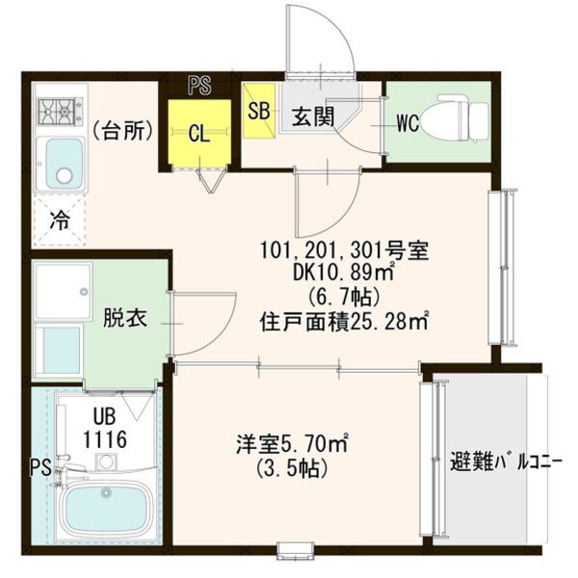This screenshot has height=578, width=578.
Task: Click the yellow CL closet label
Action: [x=199, y=134]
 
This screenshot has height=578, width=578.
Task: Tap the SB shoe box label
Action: [x=258, y=109]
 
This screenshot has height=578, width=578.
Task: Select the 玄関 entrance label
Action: [x=312, y=118]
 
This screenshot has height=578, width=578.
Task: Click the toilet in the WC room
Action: [x=460, y=117]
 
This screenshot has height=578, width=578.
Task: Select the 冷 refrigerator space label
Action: [x=59, y=220]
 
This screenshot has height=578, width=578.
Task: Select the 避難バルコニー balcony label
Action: [x=505, y=460]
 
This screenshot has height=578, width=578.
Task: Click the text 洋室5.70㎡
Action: [x=293, y=445]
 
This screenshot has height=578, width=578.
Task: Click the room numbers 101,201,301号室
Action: [x=344, y=251]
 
